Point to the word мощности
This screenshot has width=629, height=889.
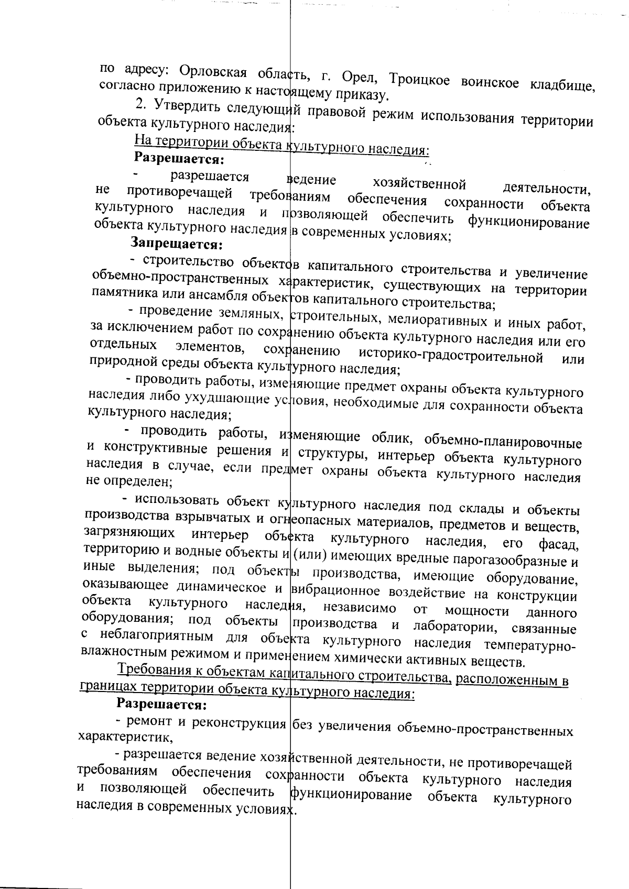pyautogui.click(x=477, y=611)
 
